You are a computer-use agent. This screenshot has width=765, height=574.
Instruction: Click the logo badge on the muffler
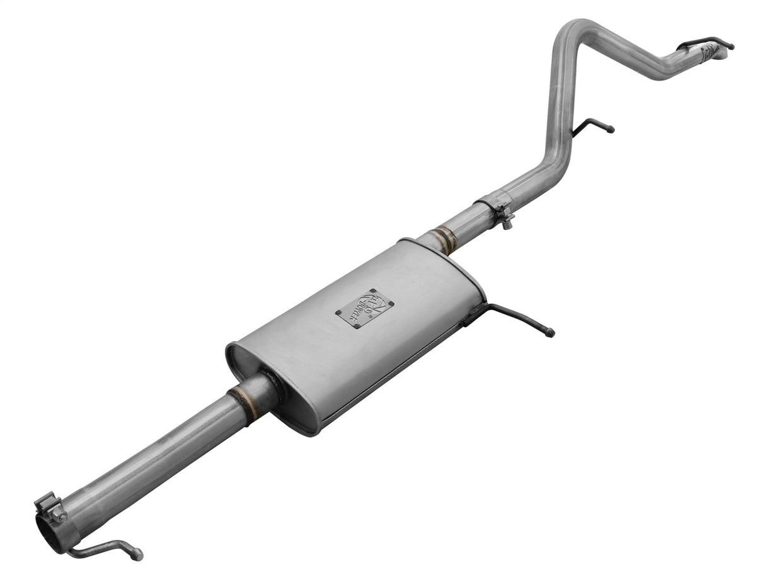coord(365,308)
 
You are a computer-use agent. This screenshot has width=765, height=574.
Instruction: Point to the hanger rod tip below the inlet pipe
coord(136,555)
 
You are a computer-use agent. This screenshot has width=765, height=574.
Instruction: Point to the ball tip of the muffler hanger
coord(551,333)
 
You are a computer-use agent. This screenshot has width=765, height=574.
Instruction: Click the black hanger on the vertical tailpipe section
coord(592,125)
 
